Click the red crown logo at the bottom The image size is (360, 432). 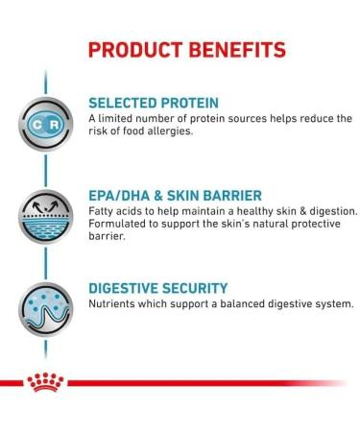[45, 384]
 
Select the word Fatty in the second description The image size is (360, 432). [102, 211]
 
